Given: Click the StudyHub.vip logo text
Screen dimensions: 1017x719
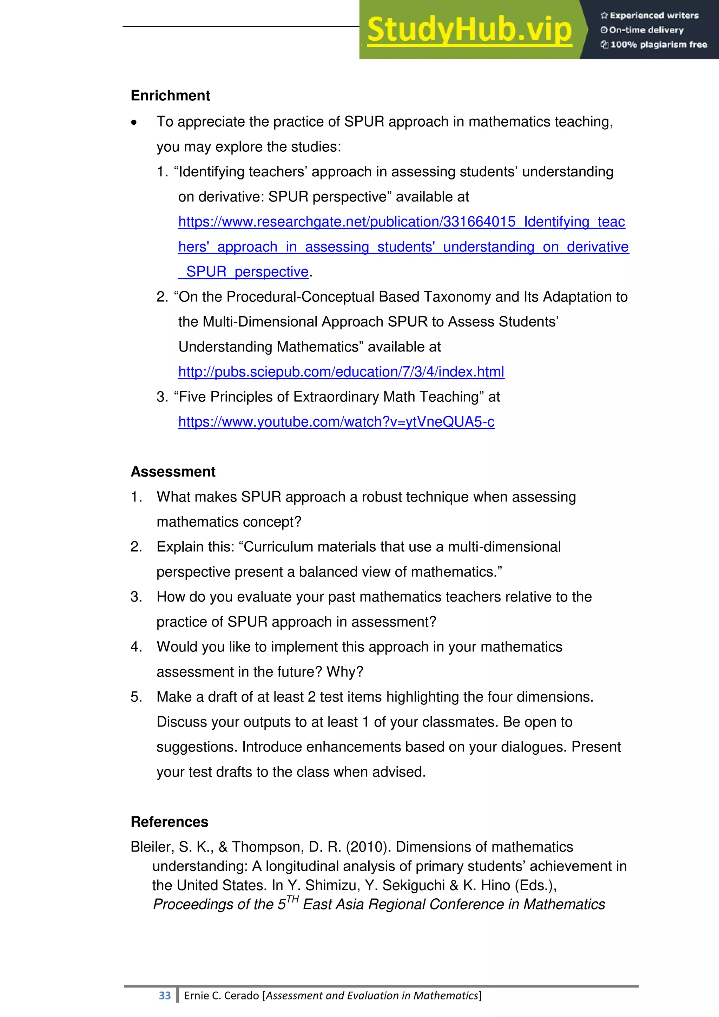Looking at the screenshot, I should point(469,30).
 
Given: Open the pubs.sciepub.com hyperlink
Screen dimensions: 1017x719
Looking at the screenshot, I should point(341,372).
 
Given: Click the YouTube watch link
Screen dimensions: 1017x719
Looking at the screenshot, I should point(336,422).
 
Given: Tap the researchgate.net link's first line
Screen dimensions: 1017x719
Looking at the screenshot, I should point(401,222).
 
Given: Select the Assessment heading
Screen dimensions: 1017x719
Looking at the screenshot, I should point(173,472).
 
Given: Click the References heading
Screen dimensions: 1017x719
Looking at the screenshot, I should point(169,822).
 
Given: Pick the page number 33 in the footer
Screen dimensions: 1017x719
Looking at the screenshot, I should point(165,995).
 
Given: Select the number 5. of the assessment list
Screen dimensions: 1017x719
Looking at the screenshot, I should point(136,697).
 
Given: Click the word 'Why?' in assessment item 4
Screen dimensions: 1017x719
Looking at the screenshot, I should point(345,672).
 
